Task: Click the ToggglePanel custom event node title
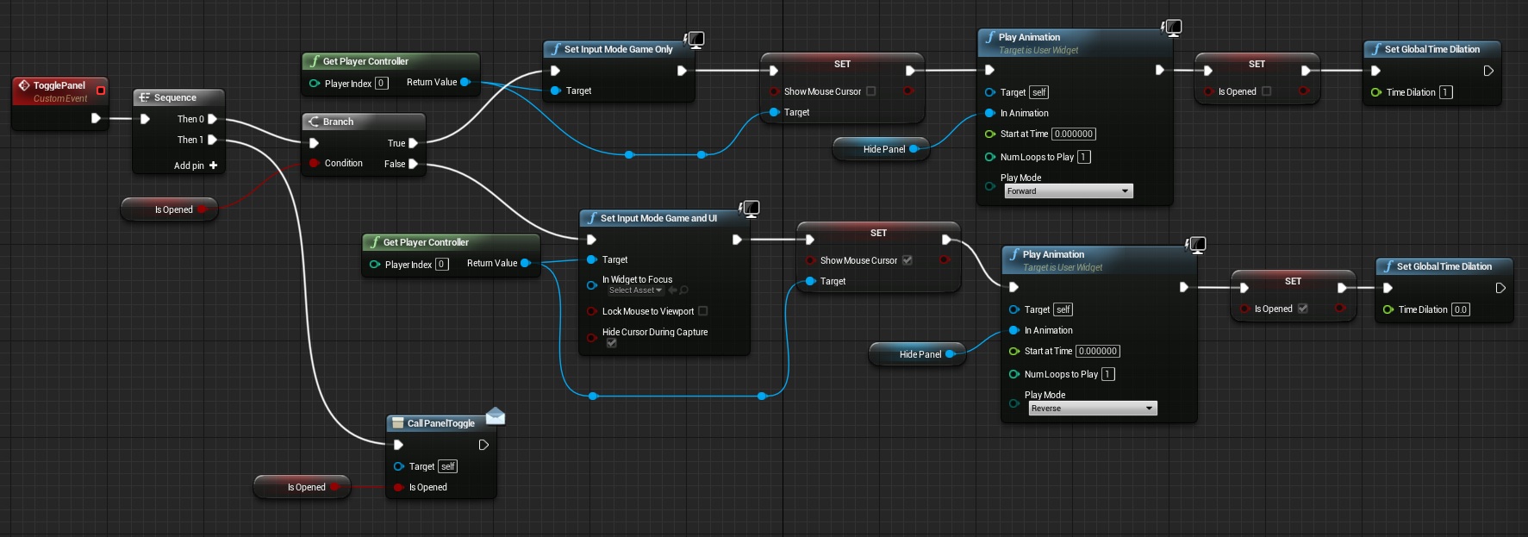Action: point(59,85)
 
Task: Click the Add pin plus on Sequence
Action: point(213,165)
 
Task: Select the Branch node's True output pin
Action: point(413,143)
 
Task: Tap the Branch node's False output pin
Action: point(413,164)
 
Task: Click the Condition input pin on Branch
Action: point(315,163)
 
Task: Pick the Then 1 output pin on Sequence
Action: point(212,140)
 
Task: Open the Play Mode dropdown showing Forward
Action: point(1068,191)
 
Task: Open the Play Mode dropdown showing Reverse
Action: point(1092,409)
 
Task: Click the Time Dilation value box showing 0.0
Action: point(1460,309)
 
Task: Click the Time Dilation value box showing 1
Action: point(1445,92)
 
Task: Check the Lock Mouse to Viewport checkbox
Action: point(702,311)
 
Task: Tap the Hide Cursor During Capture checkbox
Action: point(611,343)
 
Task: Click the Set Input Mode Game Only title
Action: point(618,49)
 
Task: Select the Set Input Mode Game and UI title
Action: point(658,218)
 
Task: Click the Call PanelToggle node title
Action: point(440,423)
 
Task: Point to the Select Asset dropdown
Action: point(635,290)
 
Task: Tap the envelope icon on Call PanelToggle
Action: point(496,416)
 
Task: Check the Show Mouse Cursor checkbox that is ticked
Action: point(907,260)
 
